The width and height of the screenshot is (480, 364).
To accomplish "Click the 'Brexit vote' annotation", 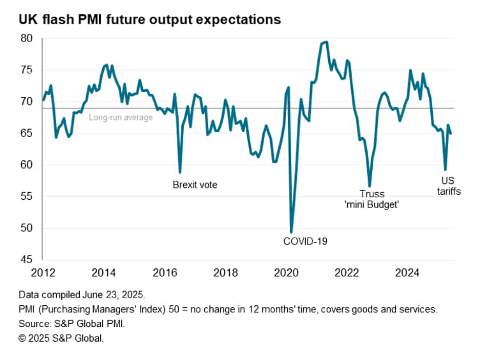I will (x=195, y=185).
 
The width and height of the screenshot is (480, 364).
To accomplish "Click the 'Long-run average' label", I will (x=121, y=118).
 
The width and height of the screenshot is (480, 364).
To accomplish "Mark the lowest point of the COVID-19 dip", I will (x=291, y=232).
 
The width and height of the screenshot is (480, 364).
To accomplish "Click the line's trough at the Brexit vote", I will (x=180, y=172).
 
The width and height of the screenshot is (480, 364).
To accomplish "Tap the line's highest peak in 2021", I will (x=326, y=42).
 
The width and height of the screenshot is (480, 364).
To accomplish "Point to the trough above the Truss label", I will (x=370, y=186).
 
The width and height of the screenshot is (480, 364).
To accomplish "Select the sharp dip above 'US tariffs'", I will (x=445, y=170).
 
